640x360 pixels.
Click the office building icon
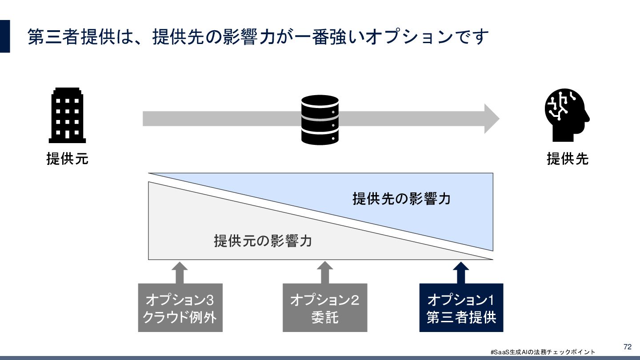pyautogui.click(x=67, y=115)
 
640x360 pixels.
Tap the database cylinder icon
pyautogui.click(x=320, y=120)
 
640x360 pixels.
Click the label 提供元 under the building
pyautogui.click(x=68, y=159)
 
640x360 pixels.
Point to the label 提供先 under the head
pyautogui.click(x=568, y=159)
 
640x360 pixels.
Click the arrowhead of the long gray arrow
pyautogui.click(x=491, y=119)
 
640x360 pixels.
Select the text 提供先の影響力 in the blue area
pyautogui.click(x=401, y=198)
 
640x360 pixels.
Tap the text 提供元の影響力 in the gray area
pyautogui.click(x=263, y=241)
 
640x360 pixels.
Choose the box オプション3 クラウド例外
pyautogui.click(x=180, y=308)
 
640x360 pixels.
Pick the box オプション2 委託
pyautogui.click(x=325, y=308)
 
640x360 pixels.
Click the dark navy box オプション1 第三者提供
pyautogui.click(x=461, y=308)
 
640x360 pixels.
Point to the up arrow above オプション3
pyautogui.click(x=180, y=272)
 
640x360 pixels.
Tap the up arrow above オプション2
pyautogui.click(x=325, y=272)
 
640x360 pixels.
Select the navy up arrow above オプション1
pyautogui.click(x=461, y=272)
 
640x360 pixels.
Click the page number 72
pyautogui.click(x=628, y=347)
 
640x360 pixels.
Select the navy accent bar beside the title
pyautogui.click(x=5, y=36)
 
